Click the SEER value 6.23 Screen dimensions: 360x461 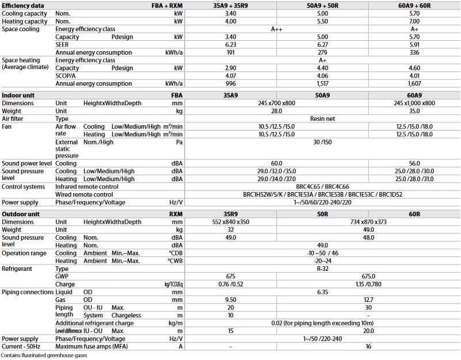pyautogui.click(x=231, y=44)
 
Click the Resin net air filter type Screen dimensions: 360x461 pyautogui.click(x=322, y=118)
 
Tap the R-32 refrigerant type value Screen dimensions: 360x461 pyautogui.click(x=322, y=269)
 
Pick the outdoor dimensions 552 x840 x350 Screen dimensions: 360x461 pyautogui.click(x=231, y=222)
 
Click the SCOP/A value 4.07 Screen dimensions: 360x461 pyautogui.click(x=231, y=75)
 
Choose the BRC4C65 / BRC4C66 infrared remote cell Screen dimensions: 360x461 pyautogui.click(x=322, y=187)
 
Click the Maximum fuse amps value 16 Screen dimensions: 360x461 pyautogui.click(x=368, y=346)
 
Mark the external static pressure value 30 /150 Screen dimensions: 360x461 pyautogui.click(x=322, y=142)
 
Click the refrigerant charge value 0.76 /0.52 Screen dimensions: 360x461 pyautogui.click(x=231, y=284)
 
